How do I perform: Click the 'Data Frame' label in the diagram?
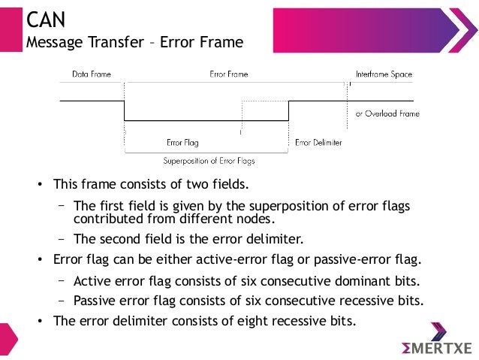pos(90,75)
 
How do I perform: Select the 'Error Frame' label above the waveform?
pos(228,75)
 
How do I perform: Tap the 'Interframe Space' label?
pos(384,75)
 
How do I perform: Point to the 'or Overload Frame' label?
pos(387,113)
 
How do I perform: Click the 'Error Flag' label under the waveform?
pos(182,141)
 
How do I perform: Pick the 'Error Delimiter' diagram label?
pos(318,141)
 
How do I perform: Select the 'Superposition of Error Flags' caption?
pos(214,160)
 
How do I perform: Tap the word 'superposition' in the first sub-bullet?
pos(285,207)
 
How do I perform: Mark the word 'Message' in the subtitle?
pos(55,42)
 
